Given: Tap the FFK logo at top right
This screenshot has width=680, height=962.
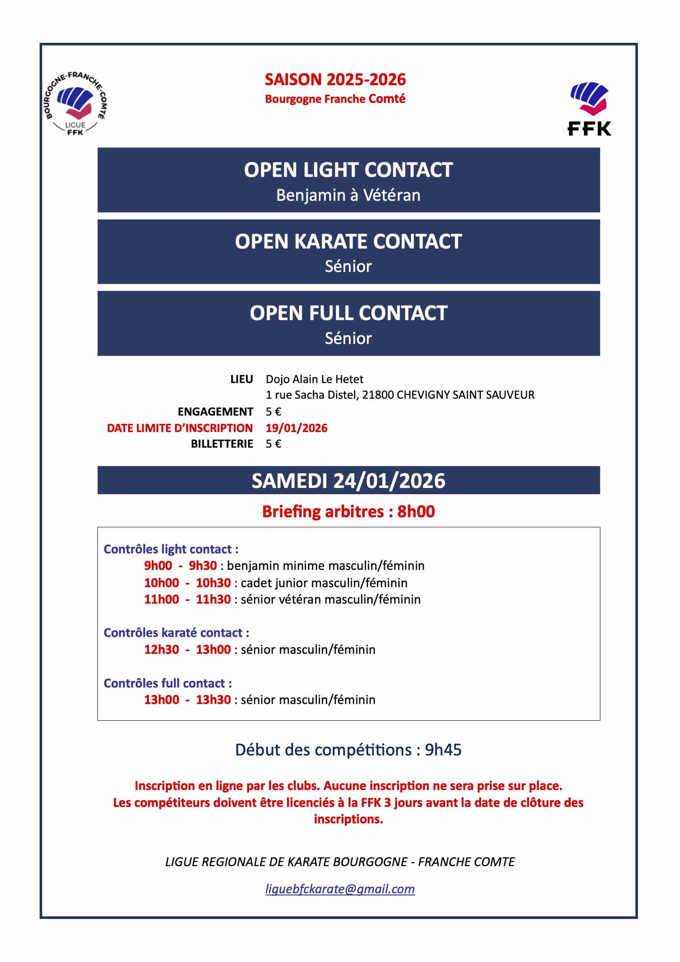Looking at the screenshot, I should point(589,109).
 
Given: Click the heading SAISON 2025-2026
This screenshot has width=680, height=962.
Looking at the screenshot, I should point(335,79).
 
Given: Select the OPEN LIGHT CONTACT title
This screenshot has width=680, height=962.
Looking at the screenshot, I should point(348,170).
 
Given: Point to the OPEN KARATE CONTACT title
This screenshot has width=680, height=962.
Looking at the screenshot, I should point(348,242).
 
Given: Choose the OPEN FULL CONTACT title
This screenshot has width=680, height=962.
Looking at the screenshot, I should point(348,314).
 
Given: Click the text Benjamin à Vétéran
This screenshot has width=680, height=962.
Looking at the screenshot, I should point(348,195).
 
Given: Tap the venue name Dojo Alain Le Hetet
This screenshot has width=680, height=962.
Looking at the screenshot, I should point(314,379).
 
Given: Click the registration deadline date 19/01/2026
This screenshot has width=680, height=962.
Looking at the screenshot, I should point(297,428).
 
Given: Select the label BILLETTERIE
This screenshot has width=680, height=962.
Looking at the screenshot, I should point(222,444).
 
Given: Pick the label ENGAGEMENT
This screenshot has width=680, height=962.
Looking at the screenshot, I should point(216,411).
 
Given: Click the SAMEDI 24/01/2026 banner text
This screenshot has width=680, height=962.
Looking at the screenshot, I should point(348,481).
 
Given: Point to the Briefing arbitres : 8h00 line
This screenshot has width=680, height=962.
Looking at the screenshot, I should point(348,511).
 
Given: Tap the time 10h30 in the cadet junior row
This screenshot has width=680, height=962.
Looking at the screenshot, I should point(213,583).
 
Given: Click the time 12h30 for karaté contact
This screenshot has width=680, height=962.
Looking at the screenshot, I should point(161,649).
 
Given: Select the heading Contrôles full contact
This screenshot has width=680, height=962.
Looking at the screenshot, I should point(167,683).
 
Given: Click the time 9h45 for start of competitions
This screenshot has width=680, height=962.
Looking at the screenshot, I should point(443,750).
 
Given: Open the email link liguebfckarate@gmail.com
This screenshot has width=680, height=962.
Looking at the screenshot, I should point(340,889).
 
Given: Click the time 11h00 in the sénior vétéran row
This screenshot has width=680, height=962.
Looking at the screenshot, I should point(161,600).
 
